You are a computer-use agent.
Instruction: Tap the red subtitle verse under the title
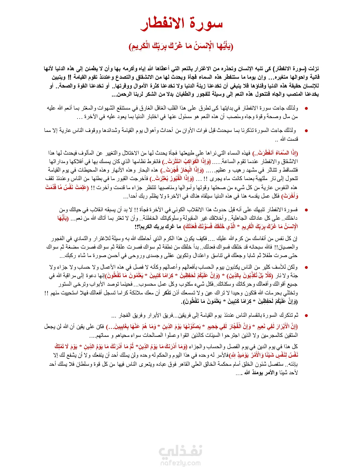coord(181,46)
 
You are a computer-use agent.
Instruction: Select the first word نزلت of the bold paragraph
coord(313,69)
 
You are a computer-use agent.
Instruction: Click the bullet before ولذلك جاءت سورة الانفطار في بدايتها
coord(306,108)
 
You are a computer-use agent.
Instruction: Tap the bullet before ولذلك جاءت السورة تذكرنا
coord(306,131)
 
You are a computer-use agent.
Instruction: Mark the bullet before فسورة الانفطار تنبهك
coord(306,210)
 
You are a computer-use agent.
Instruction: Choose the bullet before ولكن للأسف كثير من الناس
coord(306,267)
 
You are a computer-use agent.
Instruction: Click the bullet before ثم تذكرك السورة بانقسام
coord(306,316)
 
